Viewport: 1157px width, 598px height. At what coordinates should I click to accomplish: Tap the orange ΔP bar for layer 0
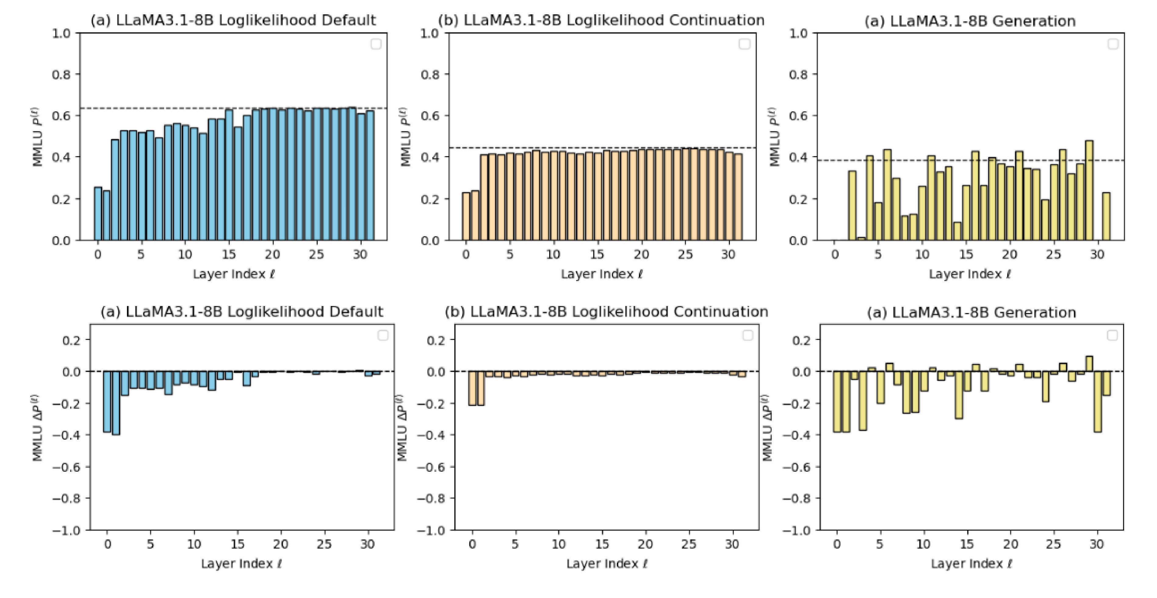[472, 388]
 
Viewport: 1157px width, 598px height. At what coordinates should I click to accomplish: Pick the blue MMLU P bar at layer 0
[98, 214]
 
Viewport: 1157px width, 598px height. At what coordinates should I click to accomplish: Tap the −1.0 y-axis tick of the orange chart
[430, 531]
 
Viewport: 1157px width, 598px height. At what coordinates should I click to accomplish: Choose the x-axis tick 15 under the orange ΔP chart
[602, 544]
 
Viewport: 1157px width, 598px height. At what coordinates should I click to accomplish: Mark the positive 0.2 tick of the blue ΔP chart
[71, 340]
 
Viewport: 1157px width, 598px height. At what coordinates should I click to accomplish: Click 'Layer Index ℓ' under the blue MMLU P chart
[233, 274]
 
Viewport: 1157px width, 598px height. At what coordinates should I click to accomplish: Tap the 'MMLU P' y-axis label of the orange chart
[405, 137]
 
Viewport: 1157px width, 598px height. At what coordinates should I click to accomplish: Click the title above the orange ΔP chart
[606, 312]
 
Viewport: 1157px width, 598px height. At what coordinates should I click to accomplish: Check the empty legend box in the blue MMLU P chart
[376, 44]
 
